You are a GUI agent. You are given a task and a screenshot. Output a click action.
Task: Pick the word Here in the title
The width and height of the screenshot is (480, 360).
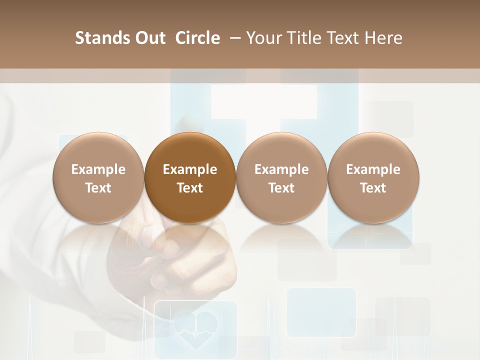pyautogui.click(x=384, y=38)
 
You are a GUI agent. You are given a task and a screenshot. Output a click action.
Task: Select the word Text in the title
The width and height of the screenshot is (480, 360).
pyautogui.click(x=342, y=38)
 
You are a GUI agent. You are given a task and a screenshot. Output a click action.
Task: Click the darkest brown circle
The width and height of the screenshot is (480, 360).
pyautogui.click(x=190, y=178)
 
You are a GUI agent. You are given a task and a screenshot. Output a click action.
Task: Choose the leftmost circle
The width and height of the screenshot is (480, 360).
pyautogui.click(x=98, y=178)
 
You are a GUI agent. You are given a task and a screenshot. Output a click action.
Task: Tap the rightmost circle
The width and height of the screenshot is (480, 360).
pyautogui.click(x=373, y=178)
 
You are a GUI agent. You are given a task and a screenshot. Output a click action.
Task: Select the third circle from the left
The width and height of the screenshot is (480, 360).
pyautogui.click(x=281, y=178)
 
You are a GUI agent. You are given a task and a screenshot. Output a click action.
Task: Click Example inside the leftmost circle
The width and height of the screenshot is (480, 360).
pyautogui.click(x=98, y=169)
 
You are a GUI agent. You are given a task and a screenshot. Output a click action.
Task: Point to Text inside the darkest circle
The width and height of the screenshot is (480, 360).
pyautogui.click(x=190, y=188)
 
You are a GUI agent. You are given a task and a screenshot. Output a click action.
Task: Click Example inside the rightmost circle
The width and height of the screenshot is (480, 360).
pyautogui.click(x=373, y=169)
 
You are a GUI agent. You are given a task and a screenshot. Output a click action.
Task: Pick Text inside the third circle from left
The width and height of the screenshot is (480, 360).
pyautogui.click(x=281, y=188)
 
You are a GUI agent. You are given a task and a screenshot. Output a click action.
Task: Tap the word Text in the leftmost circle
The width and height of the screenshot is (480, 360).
pyautogui.click(x=98, y=188)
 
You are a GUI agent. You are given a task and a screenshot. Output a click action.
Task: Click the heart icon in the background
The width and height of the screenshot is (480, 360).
pyautogui.click(x=195, y=329)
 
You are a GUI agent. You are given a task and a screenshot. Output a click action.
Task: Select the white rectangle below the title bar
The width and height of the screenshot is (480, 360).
pyautogui.click(x=263, y=101)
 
